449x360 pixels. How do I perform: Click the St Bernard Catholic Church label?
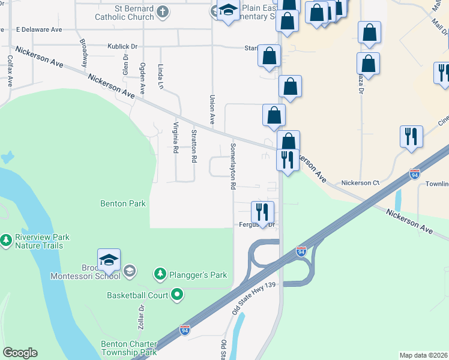coord(124,13)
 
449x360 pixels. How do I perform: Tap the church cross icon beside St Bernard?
coord(163,11)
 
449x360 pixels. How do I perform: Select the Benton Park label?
coord(123,203)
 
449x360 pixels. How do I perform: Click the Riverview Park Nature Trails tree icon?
coord(6,241)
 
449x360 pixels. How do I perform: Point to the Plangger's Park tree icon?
coord(160,275)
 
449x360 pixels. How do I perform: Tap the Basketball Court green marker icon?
coord(176,295)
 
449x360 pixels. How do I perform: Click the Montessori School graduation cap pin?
coord(109,260)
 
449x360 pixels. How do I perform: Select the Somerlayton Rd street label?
coord(232,166)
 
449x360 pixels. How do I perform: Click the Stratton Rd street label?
coord(194,146)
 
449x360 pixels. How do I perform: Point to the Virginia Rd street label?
coord(175,138)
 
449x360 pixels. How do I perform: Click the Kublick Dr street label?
coord(122,46)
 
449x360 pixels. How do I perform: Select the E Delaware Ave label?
coord(39,29)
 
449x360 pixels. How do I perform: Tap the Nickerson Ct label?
coord(360,182)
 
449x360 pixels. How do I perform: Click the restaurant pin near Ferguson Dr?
coord(262,212)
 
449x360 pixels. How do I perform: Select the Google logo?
coord(20,353)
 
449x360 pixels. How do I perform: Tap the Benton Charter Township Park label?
coord(129,348)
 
